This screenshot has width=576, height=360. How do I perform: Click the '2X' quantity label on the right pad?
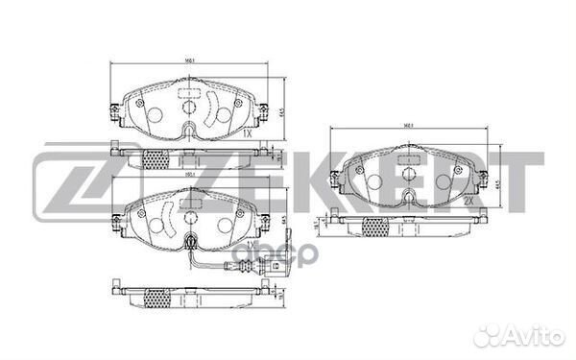(x=468, y=204)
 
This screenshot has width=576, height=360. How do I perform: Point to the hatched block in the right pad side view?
(x=375, y=226)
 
